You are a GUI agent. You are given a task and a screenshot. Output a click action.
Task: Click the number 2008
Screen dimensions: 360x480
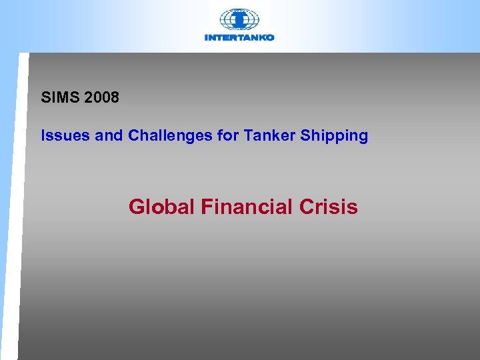101,97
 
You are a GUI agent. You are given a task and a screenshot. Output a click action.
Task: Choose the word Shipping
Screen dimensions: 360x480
334,136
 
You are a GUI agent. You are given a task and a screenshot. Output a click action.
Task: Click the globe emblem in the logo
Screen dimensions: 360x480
239,19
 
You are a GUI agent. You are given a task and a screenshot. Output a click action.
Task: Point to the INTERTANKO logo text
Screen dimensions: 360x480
239,38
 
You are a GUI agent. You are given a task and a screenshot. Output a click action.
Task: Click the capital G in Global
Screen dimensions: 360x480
137,207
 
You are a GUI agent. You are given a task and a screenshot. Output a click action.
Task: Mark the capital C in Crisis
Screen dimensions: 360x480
307,207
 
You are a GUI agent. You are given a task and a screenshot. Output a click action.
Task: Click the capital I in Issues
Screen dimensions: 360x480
43,136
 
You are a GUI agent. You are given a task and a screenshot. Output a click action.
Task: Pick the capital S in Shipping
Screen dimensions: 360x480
305,136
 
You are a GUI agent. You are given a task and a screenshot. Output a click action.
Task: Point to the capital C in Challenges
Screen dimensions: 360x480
134,136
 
